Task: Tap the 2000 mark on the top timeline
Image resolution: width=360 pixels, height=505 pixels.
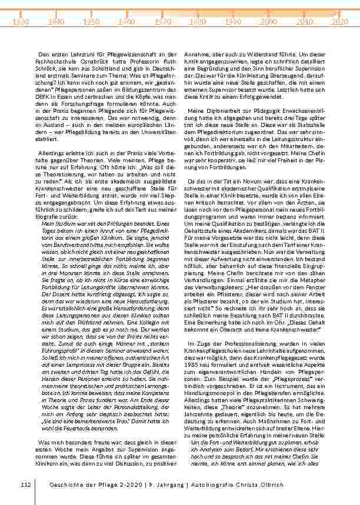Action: [268, 21]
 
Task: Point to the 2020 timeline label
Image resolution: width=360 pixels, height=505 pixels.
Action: [339, 21]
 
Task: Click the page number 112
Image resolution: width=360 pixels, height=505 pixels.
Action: [25, 485]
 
